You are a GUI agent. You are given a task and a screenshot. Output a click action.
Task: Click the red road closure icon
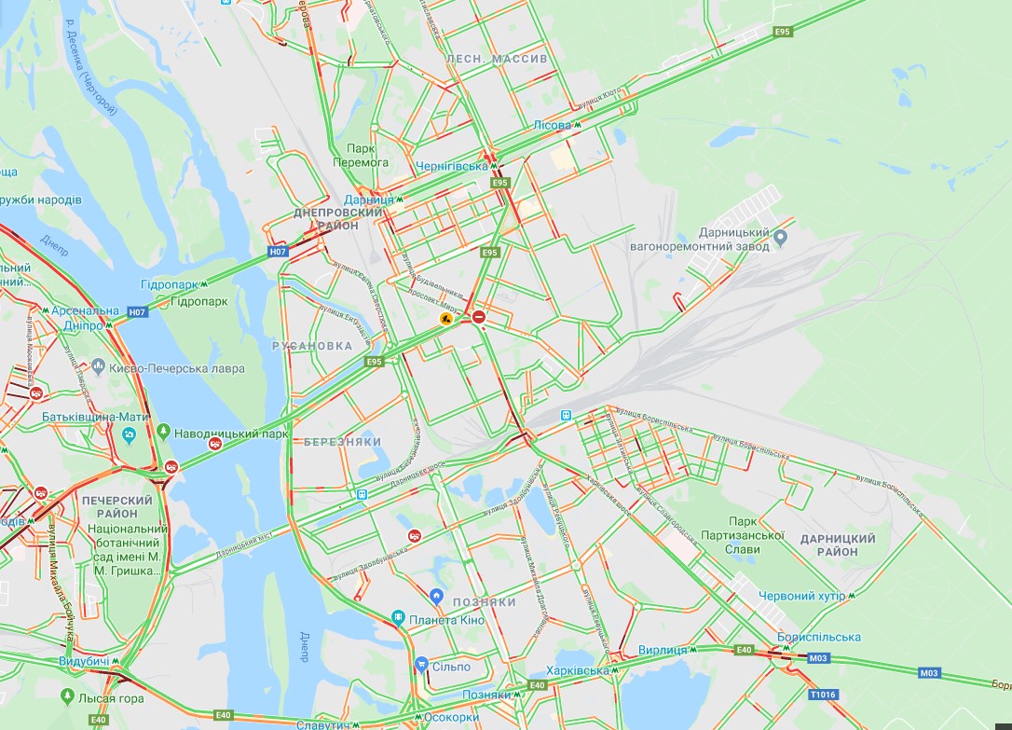point(479,318)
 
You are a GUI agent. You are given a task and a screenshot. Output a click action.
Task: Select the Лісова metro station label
point(553,125)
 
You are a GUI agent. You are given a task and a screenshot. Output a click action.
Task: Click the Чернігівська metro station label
point(452,166)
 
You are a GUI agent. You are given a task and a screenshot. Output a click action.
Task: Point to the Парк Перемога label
point(367,155)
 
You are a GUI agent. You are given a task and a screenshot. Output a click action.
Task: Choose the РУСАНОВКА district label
point(312,346)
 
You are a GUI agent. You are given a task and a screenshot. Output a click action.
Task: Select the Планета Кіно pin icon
point(398,617)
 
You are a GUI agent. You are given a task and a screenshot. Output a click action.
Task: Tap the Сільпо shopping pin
point(421,665)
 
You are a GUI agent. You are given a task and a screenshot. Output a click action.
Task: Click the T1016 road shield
point(823,695)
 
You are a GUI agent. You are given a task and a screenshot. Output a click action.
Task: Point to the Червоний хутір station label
point(801,596)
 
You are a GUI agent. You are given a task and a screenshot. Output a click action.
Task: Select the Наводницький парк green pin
point(164,432)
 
